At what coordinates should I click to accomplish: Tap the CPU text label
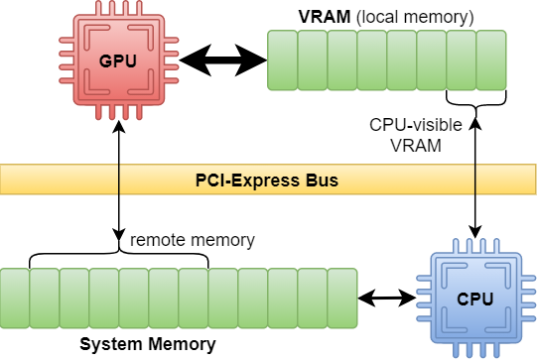point(475,298)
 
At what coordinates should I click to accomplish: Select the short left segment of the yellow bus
point(59,180)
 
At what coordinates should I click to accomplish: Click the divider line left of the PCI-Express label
point(119,180)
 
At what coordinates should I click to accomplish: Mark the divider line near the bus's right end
point(475,180)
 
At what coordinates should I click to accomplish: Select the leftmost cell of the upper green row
point(283,60)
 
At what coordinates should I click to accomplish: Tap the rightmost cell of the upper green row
point(492,60)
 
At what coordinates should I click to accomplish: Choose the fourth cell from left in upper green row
point(372,60)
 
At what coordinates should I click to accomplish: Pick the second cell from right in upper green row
point(462,60)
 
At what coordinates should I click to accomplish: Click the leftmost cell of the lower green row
point(15,298)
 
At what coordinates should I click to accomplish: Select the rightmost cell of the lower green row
point(343,298)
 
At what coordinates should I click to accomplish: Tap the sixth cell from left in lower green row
point(164,298)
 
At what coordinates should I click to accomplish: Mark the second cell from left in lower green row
point(45,298)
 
